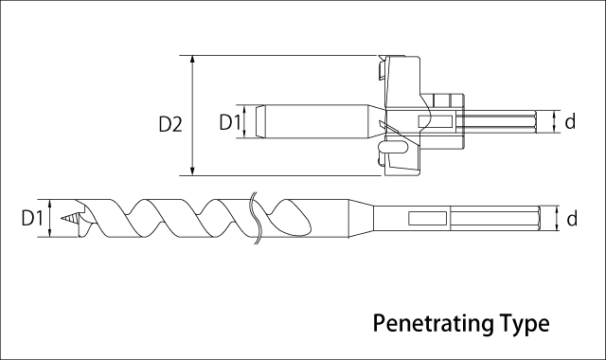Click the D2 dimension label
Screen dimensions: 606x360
(x=170, y=124)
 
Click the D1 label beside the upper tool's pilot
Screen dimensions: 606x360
(x=230, y=122)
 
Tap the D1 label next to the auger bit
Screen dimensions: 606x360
(x=32, y=218)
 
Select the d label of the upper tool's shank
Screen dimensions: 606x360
(x=570, y=121)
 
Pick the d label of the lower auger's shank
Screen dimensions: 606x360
(x=572, y=219)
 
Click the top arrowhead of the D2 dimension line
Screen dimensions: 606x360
(x=193, y=59)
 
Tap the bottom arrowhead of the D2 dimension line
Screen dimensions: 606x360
(x=193, y=171)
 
